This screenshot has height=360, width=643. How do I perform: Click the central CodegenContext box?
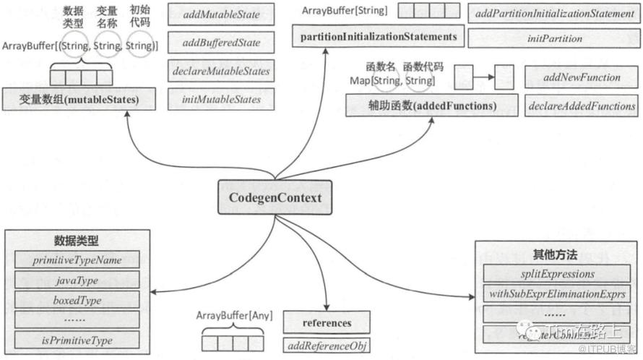[275, 197]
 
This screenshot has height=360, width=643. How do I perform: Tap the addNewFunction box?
[582, 77]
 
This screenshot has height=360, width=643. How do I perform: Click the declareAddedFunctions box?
[582, 106]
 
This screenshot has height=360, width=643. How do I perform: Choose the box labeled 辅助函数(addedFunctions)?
[431, 106]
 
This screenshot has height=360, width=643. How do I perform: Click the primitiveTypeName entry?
[77, 260]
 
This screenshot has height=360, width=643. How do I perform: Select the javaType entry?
[77, 280]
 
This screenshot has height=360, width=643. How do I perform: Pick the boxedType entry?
[77, 299]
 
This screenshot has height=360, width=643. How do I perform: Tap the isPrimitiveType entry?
[77, 339]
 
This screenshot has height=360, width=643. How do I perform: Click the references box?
[327, 322]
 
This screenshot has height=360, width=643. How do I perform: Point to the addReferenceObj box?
[327, 345]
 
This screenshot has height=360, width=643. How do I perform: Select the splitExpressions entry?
[558, 274]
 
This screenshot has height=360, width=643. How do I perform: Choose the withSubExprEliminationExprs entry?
[558, 294]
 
